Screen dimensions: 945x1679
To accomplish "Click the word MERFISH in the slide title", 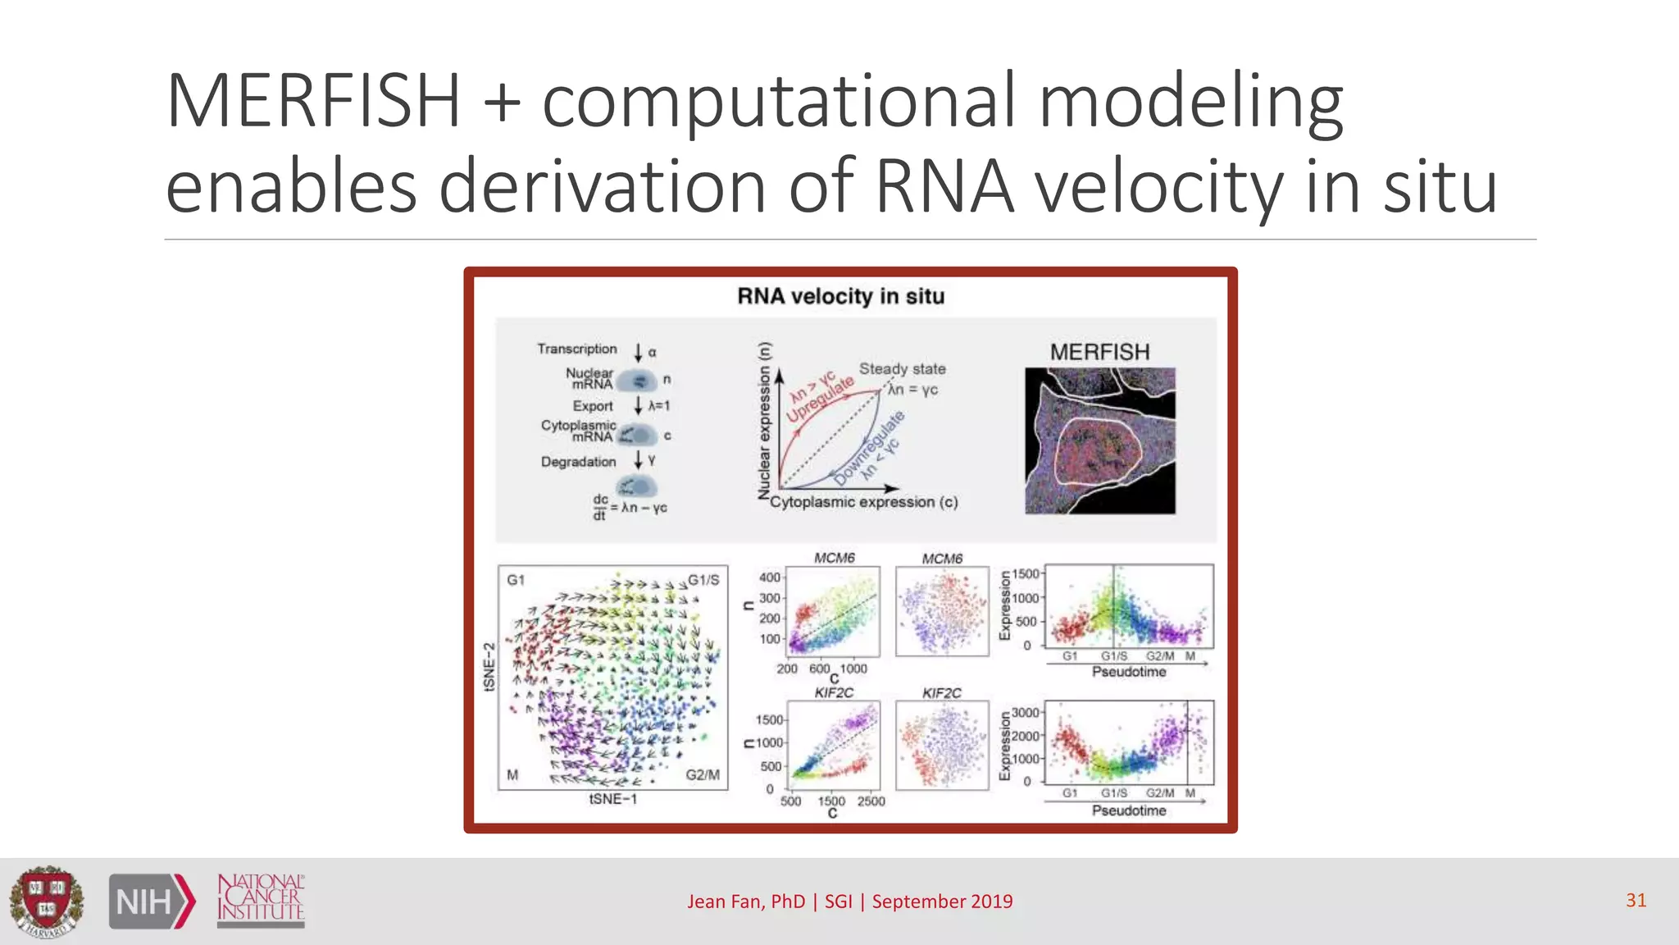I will (313, 102).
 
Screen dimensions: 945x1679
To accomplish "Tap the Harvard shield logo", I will (47, 901).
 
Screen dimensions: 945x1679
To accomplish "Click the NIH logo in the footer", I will (152, 902).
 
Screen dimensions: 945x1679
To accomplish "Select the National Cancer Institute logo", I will (261, 900).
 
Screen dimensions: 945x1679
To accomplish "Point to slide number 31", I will (1636, 900).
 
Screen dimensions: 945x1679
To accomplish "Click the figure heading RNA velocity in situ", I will (840, 296).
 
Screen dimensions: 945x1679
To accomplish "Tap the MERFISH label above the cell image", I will (1099, 352).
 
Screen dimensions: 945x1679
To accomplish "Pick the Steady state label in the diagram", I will (902, 369).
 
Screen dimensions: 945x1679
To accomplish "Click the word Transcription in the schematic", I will (577, 349).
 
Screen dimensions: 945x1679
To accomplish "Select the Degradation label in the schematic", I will (578, 462).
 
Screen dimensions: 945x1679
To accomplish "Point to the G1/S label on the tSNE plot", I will (703, 580).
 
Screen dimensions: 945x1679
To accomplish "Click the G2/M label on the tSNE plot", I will (703, 774).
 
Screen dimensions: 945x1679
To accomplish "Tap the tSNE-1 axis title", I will (612, 799).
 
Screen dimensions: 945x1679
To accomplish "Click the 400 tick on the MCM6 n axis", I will (769, 577).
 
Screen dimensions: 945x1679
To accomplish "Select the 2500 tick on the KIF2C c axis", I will (871, 801).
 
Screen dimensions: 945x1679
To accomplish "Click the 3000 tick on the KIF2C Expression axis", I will (1025, 713).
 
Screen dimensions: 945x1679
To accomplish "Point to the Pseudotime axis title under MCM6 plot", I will (1128, 672).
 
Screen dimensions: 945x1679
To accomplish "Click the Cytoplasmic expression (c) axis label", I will (863, 502).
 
